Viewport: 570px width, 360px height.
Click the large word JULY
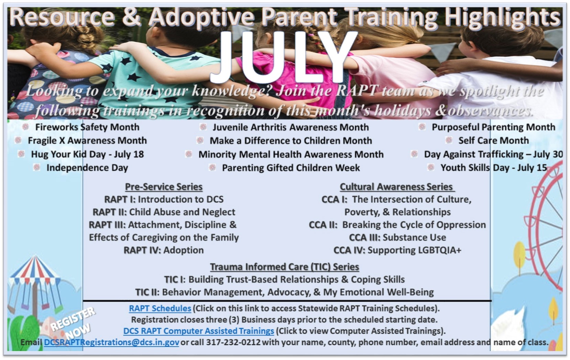[283, 57]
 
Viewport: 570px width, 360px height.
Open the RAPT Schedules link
[160, 308]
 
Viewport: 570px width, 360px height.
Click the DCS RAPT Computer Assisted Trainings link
[198, 331]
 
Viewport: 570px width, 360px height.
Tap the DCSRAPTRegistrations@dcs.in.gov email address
[111, 342]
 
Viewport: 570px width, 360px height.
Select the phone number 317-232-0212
[233, 342]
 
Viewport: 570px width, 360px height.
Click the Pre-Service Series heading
[164, 187]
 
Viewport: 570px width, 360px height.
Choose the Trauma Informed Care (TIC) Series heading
[285, 266]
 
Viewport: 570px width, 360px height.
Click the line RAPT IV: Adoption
[164, 250]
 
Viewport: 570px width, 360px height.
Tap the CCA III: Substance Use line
[397, 237]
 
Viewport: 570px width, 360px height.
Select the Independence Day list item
[87, 168]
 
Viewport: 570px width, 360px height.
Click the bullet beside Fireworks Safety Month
[25, 127]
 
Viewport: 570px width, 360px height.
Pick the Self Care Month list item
[493, 140]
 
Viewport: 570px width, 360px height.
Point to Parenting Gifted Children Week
[291, 168]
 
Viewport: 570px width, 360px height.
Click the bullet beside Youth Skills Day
[431, 167]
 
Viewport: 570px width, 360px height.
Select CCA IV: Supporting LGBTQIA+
[397, 250]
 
